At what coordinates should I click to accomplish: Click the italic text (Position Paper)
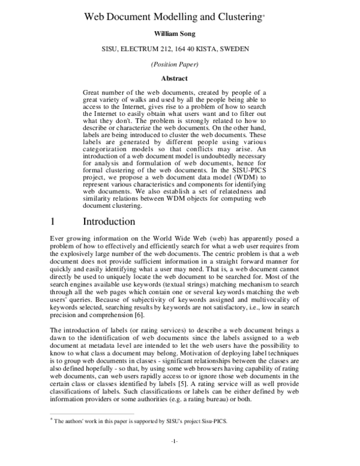[179, 64]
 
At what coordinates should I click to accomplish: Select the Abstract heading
[179, 78]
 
